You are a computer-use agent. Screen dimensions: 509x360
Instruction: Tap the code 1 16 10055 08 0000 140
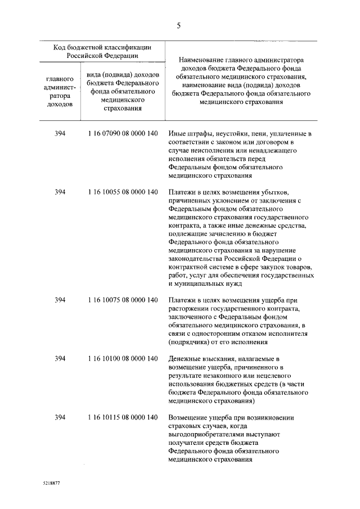coord(123,192)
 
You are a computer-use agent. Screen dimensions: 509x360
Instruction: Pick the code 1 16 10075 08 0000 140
coord(123,300)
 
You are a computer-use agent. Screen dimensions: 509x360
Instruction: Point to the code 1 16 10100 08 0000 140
coord(123,359)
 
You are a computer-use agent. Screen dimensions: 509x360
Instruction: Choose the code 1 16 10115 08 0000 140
coord(123,418)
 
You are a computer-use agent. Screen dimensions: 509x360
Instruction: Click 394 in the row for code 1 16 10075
coord(60,300)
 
